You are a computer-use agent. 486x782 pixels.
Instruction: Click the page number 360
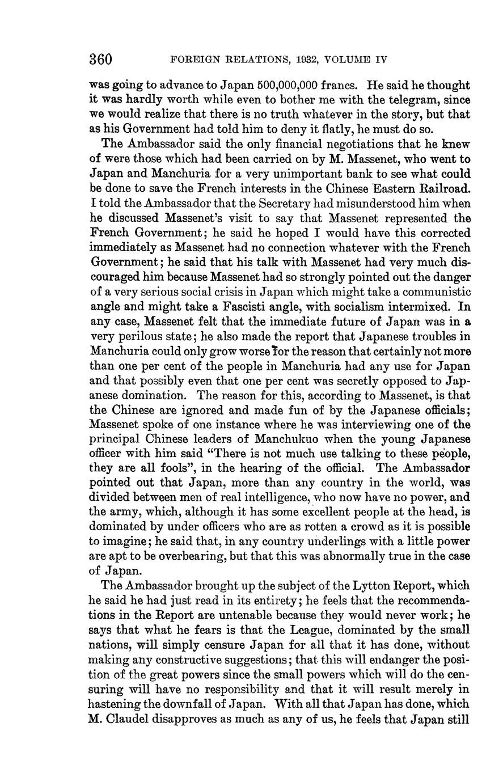point(101,59)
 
